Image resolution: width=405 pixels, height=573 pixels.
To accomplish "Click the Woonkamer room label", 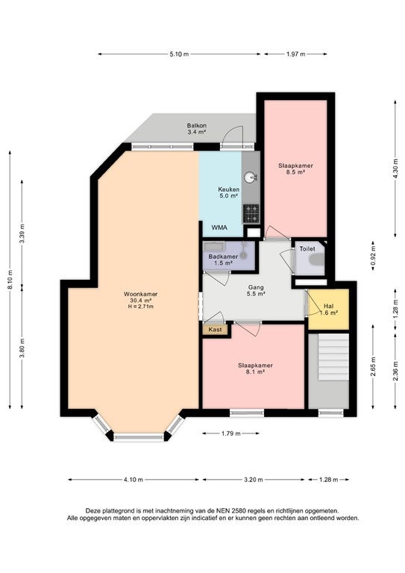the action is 141,294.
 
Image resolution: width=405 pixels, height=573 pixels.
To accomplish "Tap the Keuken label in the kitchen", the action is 229,190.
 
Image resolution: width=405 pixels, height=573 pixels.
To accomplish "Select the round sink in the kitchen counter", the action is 250,178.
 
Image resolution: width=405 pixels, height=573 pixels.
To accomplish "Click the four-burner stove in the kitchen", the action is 251,214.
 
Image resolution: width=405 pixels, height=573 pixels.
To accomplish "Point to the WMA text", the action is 219,228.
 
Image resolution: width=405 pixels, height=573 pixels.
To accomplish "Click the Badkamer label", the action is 223,257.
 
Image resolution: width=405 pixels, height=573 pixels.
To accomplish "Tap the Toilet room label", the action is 307,248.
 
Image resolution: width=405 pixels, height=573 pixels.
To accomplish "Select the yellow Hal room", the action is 328,309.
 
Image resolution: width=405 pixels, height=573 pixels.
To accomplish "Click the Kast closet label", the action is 215,329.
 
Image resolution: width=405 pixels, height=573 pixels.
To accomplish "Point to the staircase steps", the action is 333,357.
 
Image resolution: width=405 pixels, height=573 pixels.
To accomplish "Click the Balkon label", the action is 197,125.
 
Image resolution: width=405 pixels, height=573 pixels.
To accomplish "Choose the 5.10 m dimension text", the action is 179,54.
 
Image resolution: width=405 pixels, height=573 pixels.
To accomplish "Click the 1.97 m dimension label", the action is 296,54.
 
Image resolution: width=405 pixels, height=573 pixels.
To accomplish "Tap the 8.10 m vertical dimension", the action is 10,280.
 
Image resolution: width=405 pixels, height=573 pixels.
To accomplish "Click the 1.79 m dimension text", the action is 230,433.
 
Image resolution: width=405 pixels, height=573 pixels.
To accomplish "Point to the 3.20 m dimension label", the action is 254,480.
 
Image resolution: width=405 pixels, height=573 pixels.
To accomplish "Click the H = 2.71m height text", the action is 141,306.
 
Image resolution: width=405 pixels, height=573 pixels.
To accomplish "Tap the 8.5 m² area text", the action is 296,172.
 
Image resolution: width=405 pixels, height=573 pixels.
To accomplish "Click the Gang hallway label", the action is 256,287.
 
